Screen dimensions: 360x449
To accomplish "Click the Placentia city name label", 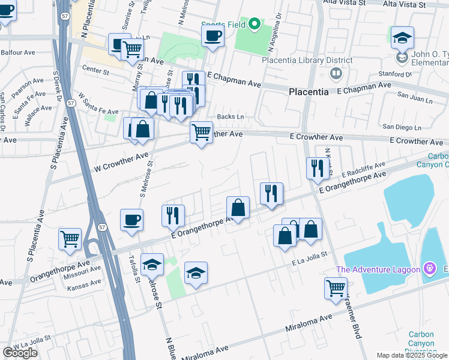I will click(309, 92).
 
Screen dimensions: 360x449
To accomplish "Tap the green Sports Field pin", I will click(254, 24).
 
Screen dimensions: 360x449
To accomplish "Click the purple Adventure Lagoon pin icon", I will click(430, 268).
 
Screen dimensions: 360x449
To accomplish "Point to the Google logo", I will click(20, 353).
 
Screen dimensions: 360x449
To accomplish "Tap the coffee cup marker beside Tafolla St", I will click(131, 220).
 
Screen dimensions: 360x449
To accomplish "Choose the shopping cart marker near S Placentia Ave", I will click(70, 239).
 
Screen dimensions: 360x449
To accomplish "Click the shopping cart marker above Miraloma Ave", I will click(336, 287).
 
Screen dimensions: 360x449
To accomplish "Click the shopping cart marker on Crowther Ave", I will click(201, 131).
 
